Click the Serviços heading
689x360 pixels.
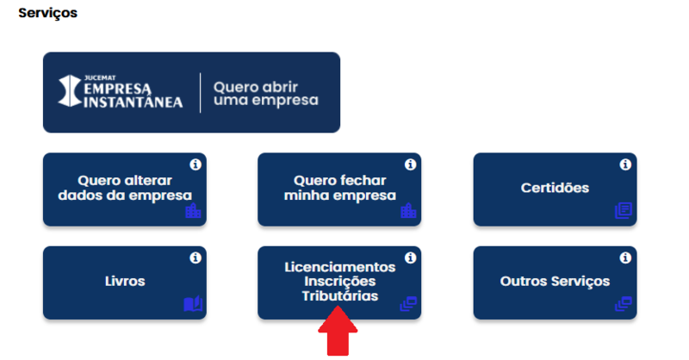coord(47,14)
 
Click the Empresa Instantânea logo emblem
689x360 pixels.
coord(70,92)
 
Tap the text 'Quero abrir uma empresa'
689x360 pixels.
coord(265,93)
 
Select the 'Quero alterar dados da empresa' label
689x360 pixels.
coord(124,188)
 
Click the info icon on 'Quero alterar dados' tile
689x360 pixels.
coord(195,164)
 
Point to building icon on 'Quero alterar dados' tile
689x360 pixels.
coord(193,210)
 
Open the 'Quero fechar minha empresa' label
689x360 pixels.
coord(339,188)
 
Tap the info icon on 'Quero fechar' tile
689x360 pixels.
coord(410,164)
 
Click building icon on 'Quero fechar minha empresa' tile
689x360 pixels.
coord(408,210)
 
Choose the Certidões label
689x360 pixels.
coord(555,188)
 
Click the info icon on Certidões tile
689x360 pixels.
coord(625,164)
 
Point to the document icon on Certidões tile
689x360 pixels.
coord(623,210)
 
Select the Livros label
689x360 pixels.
coord(124,282)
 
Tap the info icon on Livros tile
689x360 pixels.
coord(195,257)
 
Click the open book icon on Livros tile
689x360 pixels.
coord(192,303)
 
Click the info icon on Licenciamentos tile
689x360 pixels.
coord(410,257)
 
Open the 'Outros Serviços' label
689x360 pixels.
coord(555,282)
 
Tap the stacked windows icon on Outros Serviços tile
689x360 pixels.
coord(623,303)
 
